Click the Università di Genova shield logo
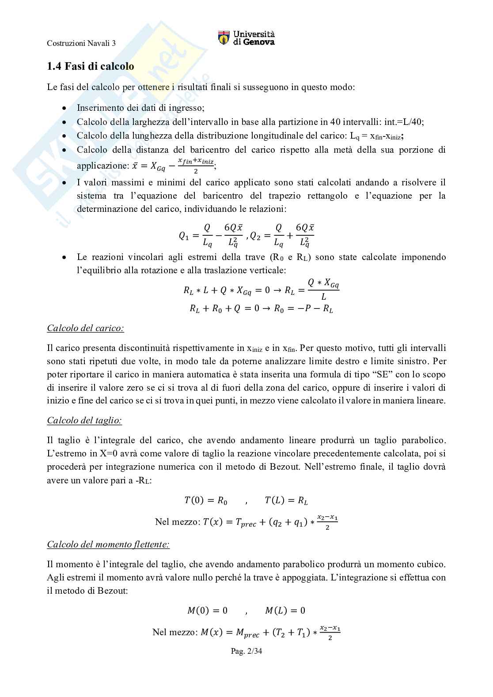(224, 38)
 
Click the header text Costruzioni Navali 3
(81, 43)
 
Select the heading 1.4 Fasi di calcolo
(91, 67)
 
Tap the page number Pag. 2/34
(246, 651)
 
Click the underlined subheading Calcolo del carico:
(85, 328)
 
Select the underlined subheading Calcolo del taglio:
(84, 420)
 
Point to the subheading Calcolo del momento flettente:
(108, 544)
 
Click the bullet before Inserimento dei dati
(64, 108)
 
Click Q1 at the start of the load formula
(184, 236)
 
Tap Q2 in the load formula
(255, 236)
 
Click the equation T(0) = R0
(206, 501)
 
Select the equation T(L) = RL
(286, 501)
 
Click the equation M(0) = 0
(207, 610)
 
